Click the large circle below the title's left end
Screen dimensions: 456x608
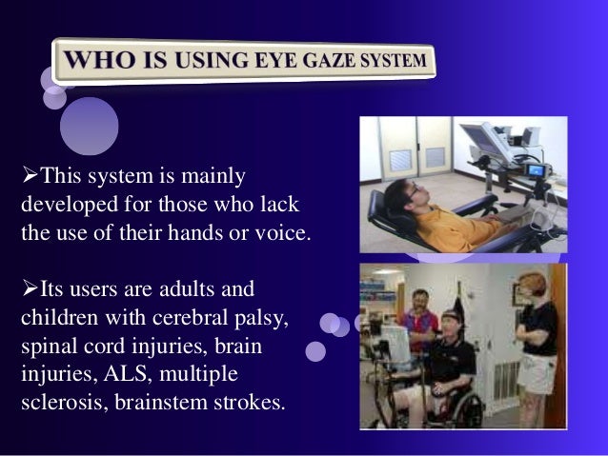click(89, 126)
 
